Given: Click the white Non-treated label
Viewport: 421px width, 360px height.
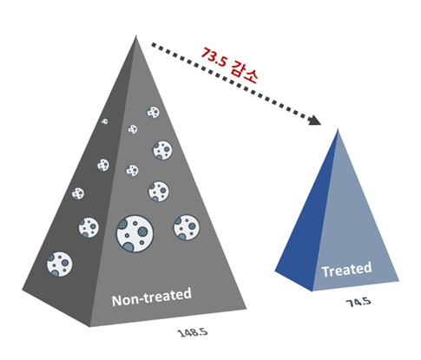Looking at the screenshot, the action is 152,297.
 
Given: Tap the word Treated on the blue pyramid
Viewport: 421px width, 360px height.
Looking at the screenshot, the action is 346,270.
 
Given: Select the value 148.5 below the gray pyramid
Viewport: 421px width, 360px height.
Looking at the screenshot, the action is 193,332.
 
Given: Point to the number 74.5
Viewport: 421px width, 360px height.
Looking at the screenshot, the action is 359,302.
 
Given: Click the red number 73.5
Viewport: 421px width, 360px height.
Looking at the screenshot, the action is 214,57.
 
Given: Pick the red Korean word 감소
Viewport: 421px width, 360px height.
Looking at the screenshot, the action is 244,72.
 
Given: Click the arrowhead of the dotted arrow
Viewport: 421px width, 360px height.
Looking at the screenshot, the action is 314,120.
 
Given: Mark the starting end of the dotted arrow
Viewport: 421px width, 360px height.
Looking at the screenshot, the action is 154,44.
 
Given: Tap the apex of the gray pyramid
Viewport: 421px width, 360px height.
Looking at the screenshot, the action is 135,36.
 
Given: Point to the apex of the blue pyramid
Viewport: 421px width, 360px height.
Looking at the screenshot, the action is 338,129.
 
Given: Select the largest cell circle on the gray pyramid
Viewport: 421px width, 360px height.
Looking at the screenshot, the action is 135,233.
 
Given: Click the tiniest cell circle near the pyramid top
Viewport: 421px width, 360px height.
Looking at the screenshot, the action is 105,121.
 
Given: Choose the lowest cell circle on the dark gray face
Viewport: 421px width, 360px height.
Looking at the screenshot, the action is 59,264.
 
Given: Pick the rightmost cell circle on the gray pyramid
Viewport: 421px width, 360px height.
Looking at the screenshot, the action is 187,227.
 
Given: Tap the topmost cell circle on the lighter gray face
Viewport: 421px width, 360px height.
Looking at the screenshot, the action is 153,112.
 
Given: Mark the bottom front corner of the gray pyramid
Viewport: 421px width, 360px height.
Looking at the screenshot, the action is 89,327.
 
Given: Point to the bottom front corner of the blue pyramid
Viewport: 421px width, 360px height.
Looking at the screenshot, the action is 312,291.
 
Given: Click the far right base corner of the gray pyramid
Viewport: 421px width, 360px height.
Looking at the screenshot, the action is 247,309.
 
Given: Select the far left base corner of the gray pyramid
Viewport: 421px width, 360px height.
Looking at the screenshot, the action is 22,289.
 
